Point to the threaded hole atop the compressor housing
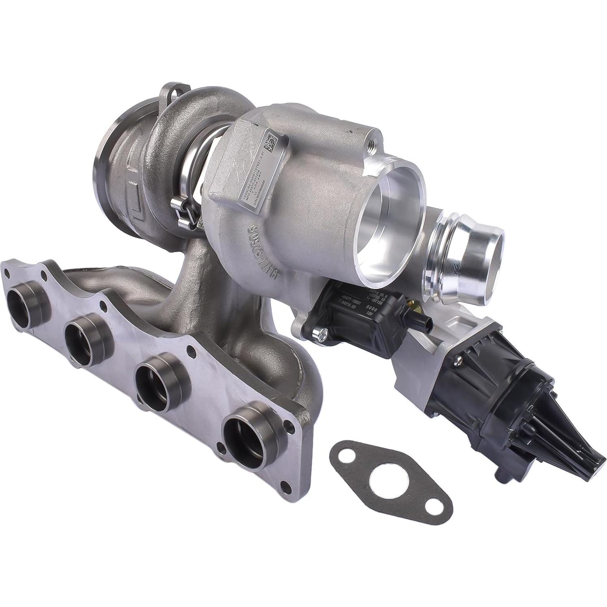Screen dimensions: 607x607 click(372, 143)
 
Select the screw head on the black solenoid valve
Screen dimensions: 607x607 click(323, 335)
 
